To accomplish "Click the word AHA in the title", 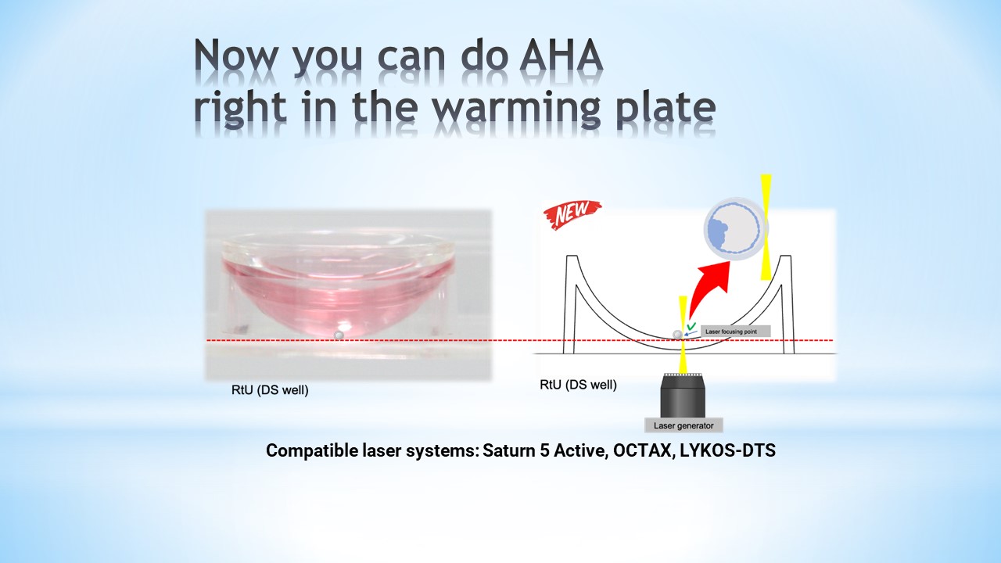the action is pyautogui.click(x=561, y=56).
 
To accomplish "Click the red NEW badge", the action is pyautogui.click(x=572, y=214).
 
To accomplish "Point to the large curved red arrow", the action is pyautogui.click(x=706, y=286).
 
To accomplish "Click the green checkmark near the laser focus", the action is pyautogui.click(x=692, y=326).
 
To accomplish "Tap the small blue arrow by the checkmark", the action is pyautogui.click(x=691, y=333).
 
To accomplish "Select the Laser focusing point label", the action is pyautogui.click(x=736, y=332).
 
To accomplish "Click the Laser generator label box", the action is pyautogui.click(x=683, y=425).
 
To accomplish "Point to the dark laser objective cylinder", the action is pyautogui.click(x=683, y=396).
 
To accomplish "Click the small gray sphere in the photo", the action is pyautogui.click(x=339, y=335).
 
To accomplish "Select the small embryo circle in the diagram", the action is pyautogui.click(x=677, y=334).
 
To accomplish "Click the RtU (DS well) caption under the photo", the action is pyautogui.click(x=270, y=390).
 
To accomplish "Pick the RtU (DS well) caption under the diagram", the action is pyautogui.click(x=578, y=385).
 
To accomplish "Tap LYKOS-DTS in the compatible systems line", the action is pyautogui.click(x=727, y=450).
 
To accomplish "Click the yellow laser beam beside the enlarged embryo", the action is pyautogui.click(x=766, y=228).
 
